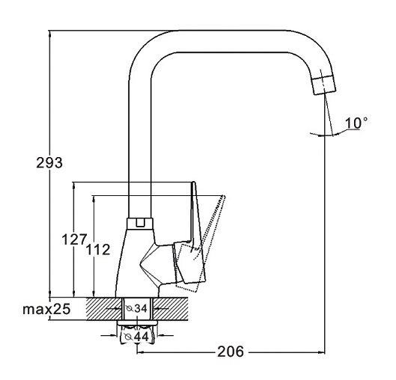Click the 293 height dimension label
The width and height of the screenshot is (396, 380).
tap(49, 162)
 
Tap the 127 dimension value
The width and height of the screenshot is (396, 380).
tap(75, 239)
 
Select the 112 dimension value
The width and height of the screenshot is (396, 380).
tap(98, 250)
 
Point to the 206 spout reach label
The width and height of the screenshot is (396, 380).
tap(231, 352)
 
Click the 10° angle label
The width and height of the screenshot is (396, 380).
tap(356, 123)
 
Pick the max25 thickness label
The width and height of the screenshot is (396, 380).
tap(46, 309)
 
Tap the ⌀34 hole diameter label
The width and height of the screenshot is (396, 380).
tap(137, 308)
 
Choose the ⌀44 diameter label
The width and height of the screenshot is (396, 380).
tap(137, 337)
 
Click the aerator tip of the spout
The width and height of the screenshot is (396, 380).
tap(325, 85)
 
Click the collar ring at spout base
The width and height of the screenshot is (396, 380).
tap(140, 224)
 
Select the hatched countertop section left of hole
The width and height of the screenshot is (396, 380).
tap(104, 309)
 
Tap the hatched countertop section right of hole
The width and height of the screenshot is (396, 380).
tap(171, 309)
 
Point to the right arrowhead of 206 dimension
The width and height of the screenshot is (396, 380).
tap(321, 352)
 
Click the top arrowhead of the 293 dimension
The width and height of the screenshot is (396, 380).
tap(49, 34)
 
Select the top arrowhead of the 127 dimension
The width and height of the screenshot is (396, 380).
tap(74, 186)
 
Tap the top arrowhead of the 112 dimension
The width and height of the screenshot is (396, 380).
tap(94, 199)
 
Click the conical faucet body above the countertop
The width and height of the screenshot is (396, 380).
tap(138, 263)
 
